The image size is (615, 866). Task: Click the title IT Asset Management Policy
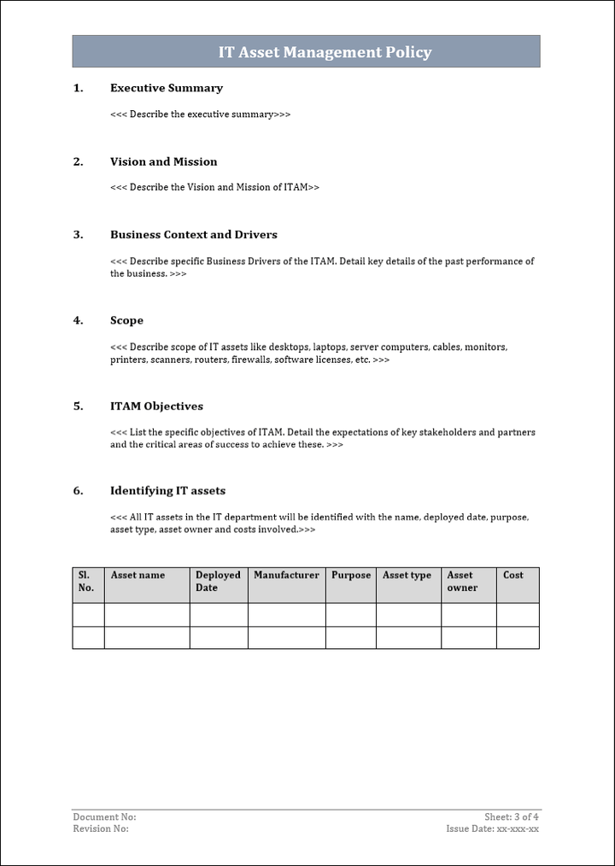325,52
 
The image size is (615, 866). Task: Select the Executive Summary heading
166,88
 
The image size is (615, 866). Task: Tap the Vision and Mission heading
163,161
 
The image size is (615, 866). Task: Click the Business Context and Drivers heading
193,235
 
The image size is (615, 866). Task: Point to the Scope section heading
126,320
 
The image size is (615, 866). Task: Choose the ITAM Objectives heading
156,406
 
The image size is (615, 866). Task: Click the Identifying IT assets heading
167,490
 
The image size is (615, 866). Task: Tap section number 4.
78,320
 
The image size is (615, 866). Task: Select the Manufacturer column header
286,576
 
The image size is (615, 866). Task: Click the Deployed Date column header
218,582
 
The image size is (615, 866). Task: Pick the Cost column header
513,576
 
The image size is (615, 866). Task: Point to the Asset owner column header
462,582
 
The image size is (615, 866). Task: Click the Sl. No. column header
86,582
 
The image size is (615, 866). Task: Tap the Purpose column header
351,576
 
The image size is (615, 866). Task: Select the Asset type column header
407,576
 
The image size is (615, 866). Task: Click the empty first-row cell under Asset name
147,615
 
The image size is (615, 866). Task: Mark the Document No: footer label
104,817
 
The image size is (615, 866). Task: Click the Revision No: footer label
101,829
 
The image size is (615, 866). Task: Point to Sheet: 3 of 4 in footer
512,817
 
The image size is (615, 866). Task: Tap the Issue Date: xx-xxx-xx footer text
492,829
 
